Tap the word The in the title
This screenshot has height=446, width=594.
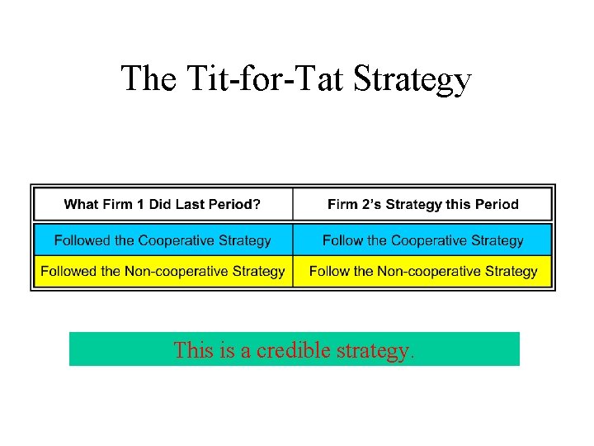point(148,78)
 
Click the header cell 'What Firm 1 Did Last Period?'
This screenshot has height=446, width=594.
point(163,204)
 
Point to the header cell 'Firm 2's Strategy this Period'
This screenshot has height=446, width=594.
point(422,204)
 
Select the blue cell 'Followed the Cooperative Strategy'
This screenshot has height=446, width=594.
point(163,240)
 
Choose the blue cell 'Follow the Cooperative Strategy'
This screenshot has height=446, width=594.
point(422,240)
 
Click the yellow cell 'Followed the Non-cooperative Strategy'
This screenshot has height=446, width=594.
point(163,271)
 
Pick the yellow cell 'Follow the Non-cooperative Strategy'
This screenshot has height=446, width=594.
point(422,271)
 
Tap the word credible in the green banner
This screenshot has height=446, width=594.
point(289,350)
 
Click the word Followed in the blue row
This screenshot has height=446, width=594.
point(82,240)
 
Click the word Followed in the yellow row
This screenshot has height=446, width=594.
point(68,271)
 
